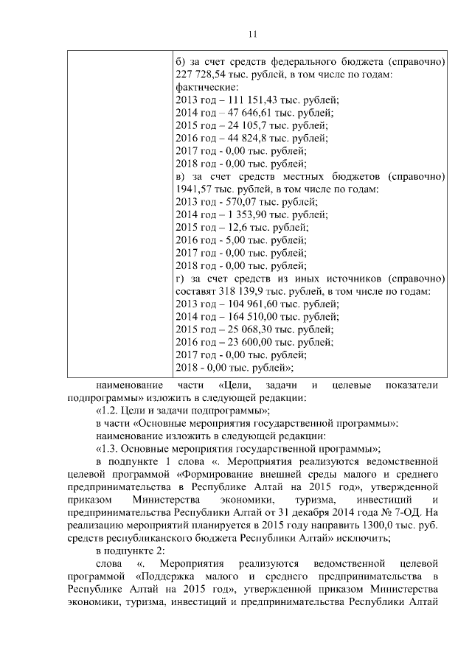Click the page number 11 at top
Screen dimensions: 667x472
pos(251,34)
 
